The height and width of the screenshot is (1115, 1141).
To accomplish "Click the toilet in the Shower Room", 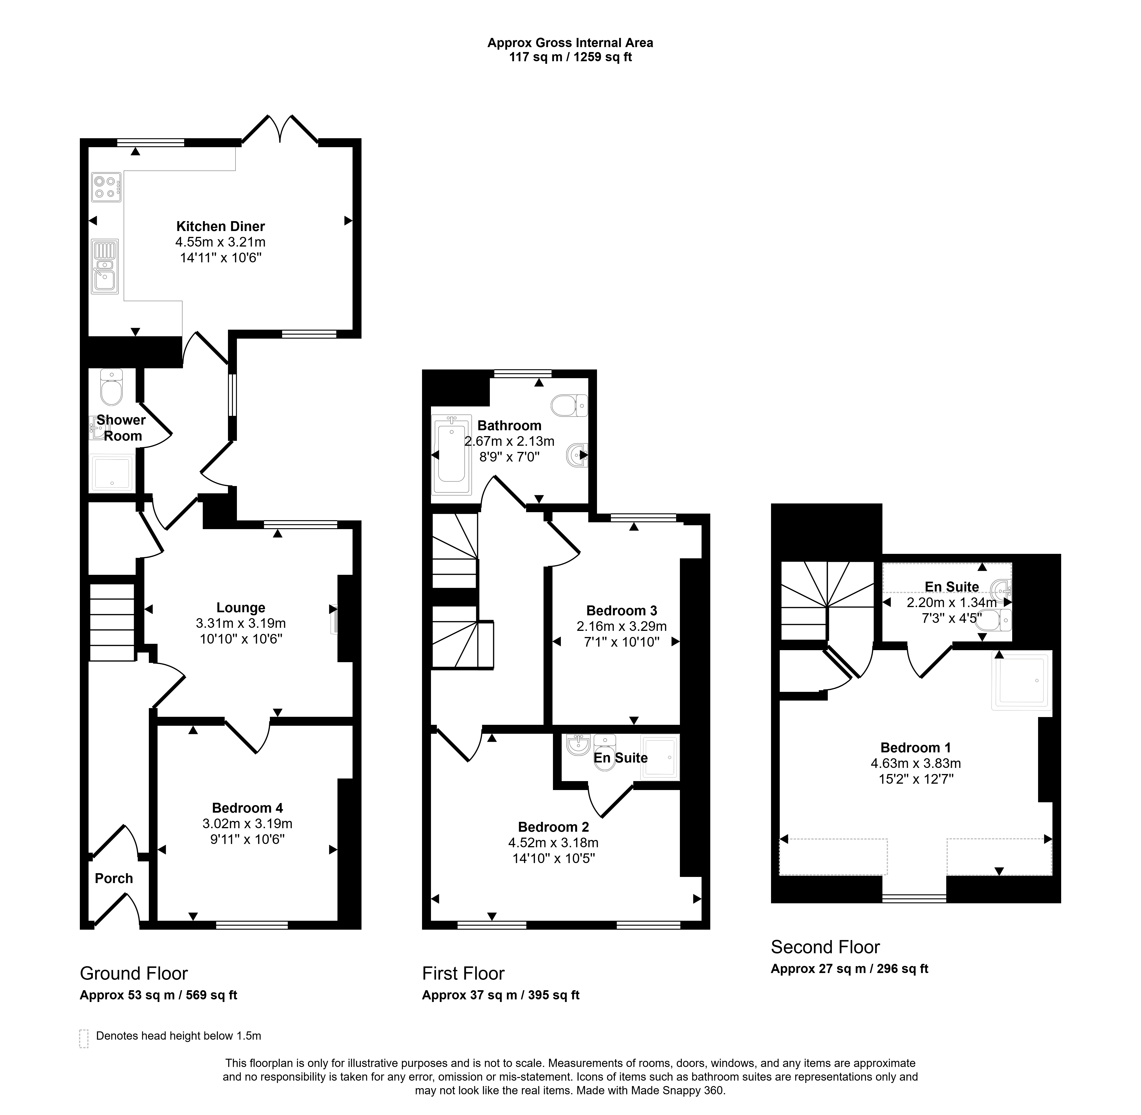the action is pos(111,387).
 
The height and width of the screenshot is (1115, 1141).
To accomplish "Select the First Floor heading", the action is pos(463,973).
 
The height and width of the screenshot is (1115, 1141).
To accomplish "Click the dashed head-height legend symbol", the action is pos(84,1038).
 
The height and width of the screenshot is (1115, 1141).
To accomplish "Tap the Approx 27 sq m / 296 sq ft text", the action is pos(849,969).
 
